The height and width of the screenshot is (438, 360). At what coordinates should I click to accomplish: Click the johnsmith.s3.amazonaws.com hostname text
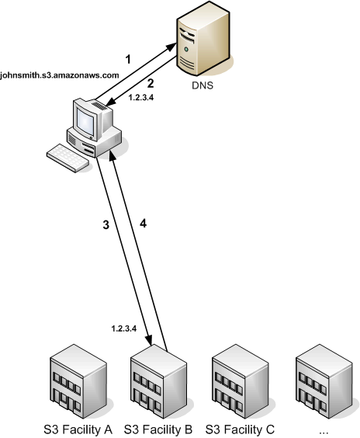click(x=61, y=75)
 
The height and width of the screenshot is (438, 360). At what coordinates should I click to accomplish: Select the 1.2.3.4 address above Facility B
click(x=125, y=328)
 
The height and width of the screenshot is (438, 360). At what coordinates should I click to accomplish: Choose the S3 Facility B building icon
click(x=158, y=384)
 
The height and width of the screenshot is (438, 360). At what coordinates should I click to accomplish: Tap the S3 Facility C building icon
click(x=240, y=384)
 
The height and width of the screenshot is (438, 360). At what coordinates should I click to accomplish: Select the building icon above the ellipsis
click(x=322, y=384)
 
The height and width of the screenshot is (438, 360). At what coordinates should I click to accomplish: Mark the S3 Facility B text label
click(x=157, y=429)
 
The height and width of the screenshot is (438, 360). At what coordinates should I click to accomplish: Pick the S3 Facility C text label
click(x=239, y=429)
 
